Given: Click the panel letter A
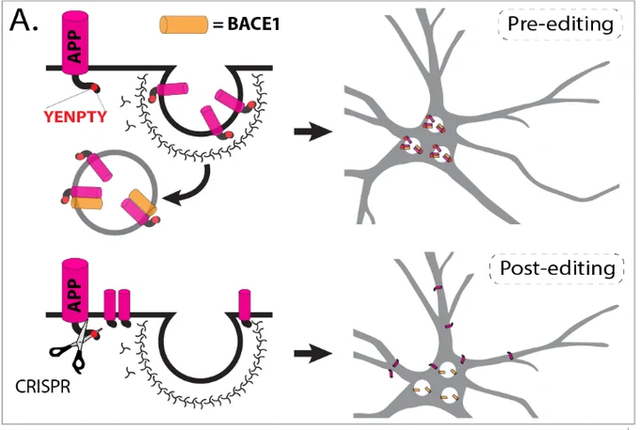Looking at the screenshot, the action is [x=24, y=21].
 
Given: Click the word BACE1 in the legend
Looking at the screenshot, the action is [x=253, y=24].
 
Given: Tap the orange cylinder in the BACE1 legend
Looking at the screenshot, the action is [x=184, y=24].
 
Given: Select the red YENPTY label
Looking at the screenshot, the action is [x=75, y=117].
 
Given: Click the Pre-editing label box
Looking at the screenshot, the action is [x=560, y=24].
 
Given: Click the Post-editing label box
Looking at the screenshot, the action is [x=557, y=268].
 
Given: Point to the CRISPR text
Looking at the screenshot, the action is [x=42, y=386].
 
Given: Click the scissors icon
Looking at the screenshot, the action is [x=76, y=347].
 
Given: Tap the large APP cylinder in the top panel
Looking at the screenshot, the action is [x=74, y=43].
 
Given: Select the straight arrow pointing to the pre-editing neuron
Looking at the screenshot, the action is [x=313, y=132].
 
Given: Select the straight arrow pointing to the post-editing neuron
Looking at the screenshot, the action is [x=313, y=353].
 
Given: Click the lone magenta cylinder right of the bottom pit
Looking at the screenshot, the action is [x=245, y=305].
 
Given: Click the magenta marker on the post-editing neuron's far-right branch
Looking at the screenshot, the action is [x=511, y=356].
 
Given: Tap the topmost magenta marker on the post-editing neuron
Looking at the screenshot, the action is [x=437, y=288].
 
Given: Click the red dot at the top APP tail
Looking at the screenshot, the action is [x=95, y=88].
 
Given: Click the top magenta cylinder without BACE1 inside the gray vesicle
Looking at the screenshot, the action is [x=99, y=167].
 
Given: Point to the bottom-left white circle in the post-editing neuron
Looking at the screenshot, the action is [x=422, y=388].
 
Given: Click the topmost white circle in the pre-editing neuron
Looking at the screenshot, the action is [x=433, y=124].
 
